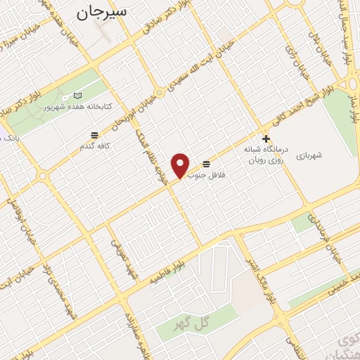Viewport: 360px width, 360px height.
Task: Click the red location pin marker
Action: pyautogui.click(x=181, y=165)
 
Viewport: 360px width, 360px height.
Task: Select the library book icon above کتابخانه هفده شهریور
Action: pyautogui.click(x=77, y=96)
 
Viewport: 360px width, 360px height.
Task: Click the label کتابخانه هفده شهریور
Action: pyautogui.click(x=77, y=108)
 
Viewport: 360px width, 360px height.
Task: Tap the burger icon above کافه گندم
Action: pyautogui.click(x=94, y=135)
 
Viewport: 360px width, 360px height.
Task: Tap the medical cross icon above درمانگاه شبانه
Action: pyautogui.click(x=265, y=139)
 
